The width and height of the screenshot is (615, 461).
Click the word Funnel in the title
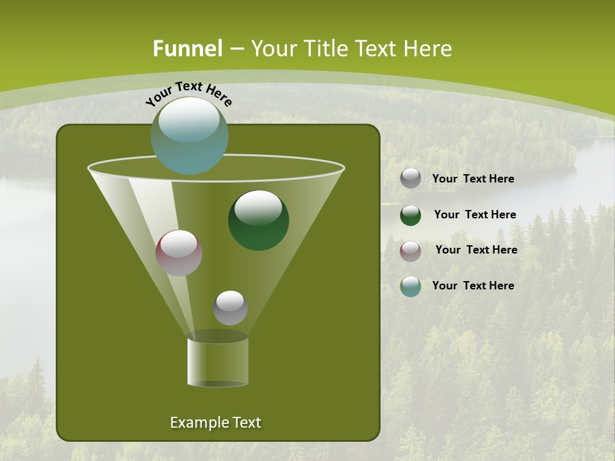click(x=187, y=48)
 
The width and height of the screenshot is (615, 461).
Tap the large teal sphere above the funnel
click(x=189, y=136)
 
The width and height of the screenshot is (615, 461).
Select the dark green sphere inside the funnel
click(x=259, y=220)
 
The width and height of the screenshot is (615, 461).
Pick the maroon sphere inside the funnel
click(x=179, y=253)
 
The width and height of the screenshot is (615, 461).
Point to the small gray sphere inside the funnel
click(x=230, y=307)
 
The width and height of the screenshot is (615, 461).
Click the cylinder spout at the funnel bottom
click(x=218, y=361)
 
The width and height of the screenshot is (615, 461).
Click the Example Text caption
click(x=215, y=423)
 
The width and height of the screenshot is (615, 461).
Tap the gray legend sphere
click(x=411, y=179)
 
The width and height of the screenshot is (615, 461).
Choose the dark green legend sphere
click(x=411, y=215)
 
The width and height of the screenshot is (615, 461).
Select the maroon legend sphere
click(x=411, y=251)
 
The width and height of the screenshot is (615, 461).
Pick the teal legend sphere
click(x=411, y=286)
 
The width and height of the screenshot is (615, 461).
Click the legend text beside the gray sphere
click(x=473, y=179)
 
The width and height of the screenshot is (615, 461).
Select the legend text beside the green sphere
click(x=475, y=215)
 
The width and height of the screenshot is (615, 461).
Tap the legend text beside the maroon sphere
click(x=476, y=250)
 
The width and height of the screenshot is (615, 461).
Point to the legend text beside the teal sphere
click(x=473, y=286)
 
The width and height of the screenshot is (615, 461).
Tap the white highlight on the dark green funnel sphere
click(x=258, y=207)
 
